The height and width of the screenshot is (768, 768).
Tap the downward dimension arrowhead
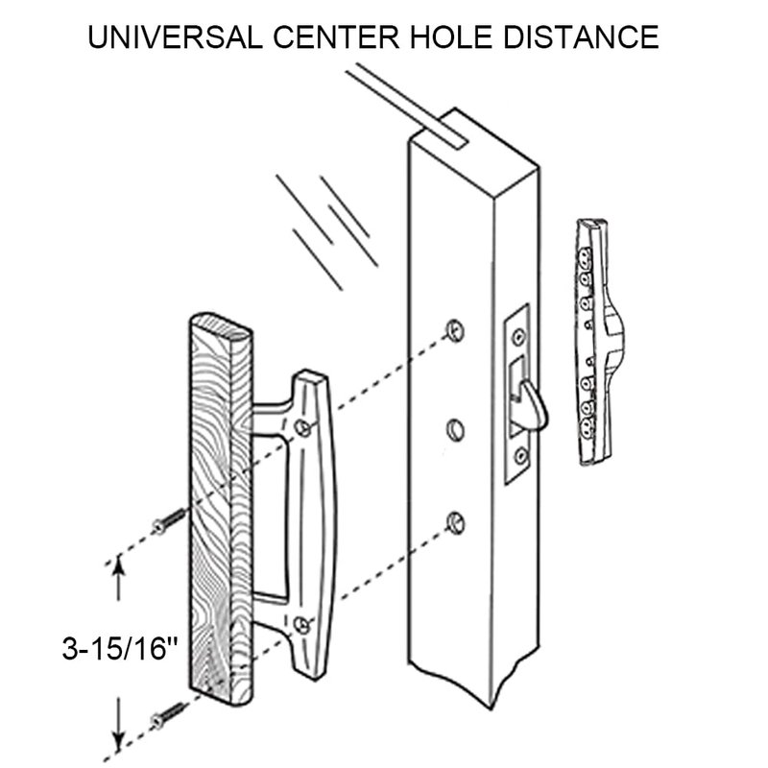[x=118, y=739]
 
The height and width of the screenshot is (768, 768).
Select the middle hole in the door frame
[x=453, y=424]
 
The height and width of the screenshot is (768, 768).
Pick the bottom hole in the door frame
[x=453, y=520]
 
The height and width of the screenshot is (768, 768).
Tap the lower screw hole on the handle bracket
[x=303, y=625]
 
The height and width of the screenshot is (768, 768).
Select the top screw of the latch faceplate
[x=518, y=337]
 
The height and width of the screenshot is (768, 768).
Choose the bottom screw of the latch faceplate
[x=519, y=455]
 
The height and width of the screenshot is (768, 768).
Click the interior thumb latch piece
[x=599, y=341]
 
